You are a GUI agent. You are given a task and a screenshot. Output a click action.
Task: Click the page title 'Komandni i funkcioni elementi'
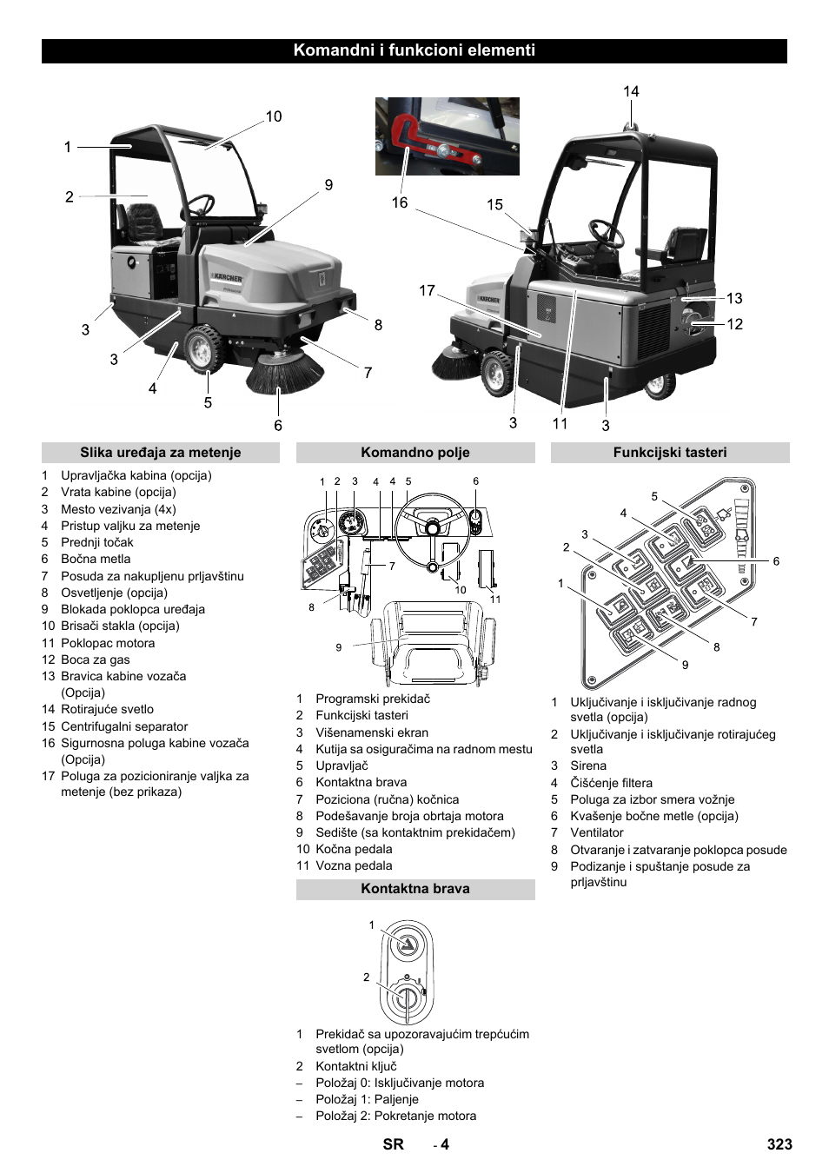pos(414,50)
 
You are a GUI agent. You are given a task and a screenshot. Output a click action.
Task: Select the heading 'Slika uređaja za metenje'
pos(160,453)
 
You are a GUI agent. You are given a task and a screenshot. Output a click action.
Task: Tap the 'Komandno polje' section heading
pos(414,453)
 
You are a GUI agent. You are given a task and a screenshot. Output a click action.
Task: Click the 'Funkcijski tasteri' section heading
pos(669,453)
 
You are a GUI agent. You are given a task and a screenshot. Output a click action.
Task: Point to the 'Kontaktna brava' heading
pos(414,889)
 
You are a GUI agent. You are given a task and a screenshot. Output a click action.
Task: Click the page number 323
pos(779,1144)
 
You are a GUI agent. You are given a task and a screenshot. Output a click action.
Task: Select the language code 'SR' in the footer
pos(393,1144)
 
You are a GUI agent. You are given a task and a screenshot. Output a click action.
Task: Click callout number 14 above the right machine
pos(631,91)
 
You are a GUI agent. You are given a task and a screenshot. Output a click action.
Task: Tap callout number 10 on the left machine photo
pos(274,116)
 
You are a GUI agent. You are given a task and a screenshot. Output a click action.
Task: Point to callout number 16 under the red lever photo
pos(399,202)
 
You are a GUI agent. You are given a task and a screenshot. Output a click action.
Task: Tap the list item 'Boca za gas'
pos(95,659)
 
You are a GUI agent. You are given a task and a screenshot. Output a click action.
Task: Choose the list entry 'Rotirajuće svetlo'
pos(107,709)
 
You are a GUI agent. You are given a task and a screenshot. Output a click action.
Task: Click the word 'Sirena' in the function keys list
pos(588,765)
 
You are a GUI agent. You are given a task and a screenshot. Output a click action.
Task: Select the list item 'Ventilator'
pos(597,832)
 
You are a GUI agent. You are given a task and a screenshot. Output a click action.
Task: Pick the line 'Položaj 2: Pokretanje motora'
pos(395,1116)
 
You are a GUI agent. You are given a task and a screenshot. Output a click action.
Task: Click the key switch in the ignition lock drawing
pos(405,996)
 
